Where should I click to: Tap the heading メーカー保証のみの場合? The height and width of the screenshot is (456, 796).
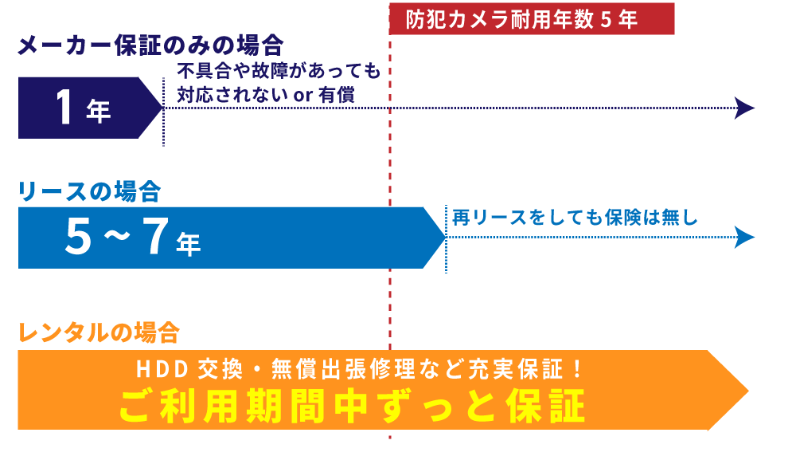[x=150, y=45]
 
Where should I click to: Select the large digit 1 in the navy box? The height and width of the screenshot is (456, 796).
[x=65, y=108]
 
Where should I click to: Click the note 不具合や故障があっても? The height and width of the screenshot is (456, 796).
[x=279, y=71]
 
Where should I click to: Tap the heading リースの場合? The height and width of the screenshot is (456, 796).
[x=89, y=191]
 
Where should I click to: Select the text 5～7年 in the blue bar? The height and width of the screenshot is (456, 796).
[x=132, y=237]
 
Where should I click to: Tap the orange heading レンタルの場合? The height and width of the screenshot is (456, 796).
[x=99, y=332]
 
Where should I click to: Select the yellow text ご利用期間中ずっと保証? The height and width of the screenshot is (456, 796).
[x=352, y=407]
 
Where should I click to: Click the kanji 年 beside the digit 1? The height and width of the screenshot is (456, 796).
[x=99, y=112]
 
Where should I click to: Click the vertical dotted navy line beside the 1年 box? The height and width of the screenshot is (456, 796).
[x=163, y=112]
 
